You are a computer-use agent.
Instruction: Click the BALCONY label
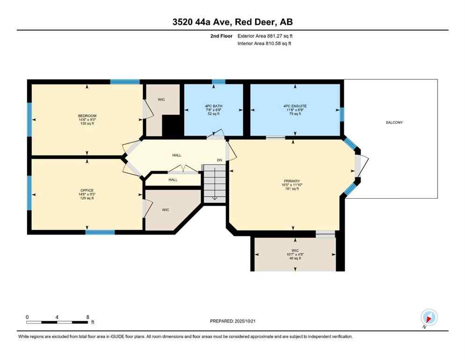pos(394,122)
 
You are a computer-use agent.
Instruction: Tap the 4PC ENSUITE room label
pos(295,106)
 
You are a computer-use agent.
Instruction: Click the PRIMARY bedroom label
pos(291,181)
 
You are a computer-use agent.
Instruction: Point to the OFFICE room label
pos(87,190)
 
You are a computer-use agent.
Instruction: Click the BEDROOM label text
pos(87,116)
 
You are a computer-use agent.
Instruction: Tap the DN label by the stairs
pos(219,160)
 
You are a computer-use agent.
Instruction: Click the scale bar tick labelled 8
pos(87,317)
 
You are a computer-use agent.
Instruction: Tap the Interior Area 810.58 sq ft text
pos(265,44)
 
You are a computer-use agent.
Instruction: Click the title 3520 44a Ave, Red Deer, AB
pos(232,22)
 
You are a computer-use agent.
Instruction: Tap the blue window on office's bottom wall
pos(100,232)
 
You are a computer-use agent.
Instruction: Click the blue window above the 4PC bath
pos(218,82)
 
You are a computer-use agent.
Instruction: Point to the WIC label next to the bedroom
pos(161,99)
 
